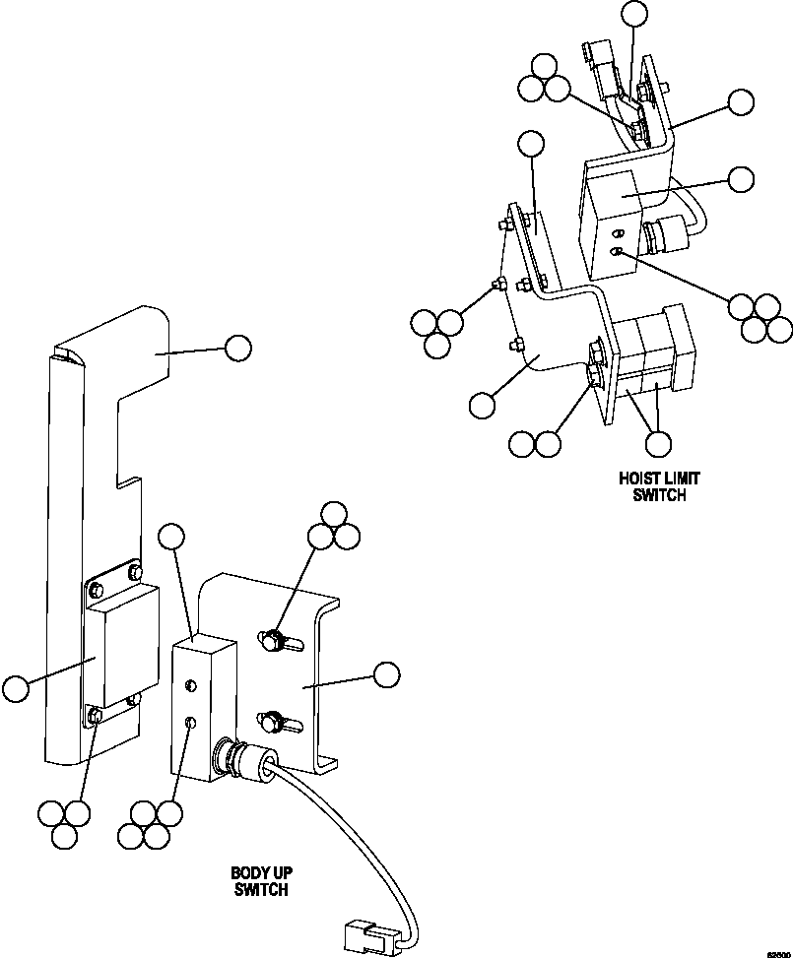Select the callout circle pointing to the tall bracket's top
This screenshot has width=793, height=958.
pyautogui.click(x=237, y=347)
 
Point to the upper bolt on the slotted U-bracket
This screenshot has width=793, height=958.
pyautogui.click(x=271, y=642)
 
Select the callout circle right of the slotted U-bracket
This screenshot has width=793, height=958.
pyautogui.click(x=387, y=673)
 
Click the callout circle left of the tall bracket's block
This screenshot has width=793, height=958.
pyautogui.click(x=15, y=689)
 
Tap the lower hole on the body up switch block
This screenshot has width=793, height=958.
pyautogui.click(x=192, y=724)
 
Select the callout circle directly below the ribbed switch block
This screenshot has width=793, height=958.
pyautogui.click(x=658, y=444)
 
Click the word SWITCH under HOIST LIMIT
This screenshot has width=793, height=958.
pyautogui.click(x=659, y=495)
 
